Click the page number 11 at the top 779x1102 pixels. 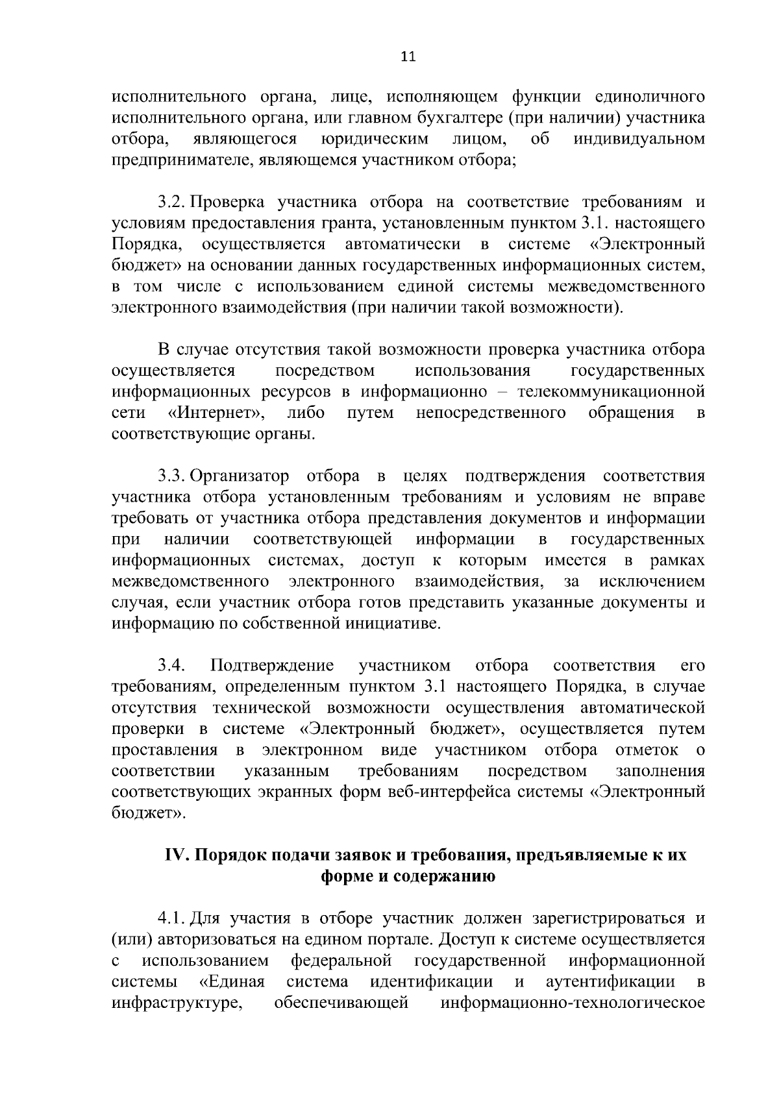(408, 56)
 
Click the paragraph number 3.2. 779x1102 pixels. (172, 202)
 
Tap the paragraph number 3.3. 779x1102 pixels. (172, 476)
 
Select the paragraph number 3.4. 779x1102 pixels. (172, 666)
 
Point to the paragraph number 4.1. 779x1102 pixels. (172, 919)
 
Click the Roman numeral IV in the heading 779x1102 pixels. (176, 855)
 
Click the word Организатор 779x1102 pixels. (240, 476)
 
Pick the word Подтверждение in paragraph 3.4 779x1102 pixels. (272, 666)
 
